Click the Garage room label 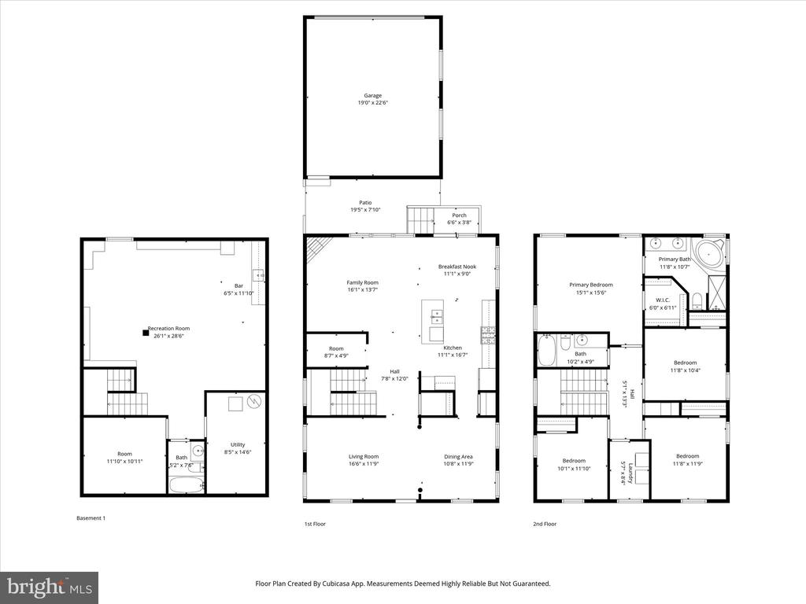click(x=372, y=95)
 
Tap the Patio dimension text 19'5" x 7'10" click(x=365, y=210)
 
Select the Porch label click(x=459, y=215)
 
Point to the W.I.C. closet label click(x=663, y=300)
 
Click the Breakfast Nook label click(x=457, y=267)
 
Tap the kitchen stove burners click(x=488, y=335)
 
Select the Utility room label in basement click(x=238, y=445)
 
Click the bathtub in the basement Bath click(x=187, y=484)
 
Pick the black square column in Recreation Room click(x=146, y=333)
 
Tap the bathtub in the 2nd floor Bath click(x=546, y=350)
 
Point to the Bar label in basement click(x=238, y=286)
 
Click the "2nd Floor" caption click(x=545, y=524)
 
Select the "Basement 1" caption click(x=91, y=518)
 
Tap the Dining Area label click(x=458, y=457)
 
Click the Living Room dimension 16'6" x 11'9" click(x=364, y=464)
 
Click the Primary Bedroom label click(x=590, y=285)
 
